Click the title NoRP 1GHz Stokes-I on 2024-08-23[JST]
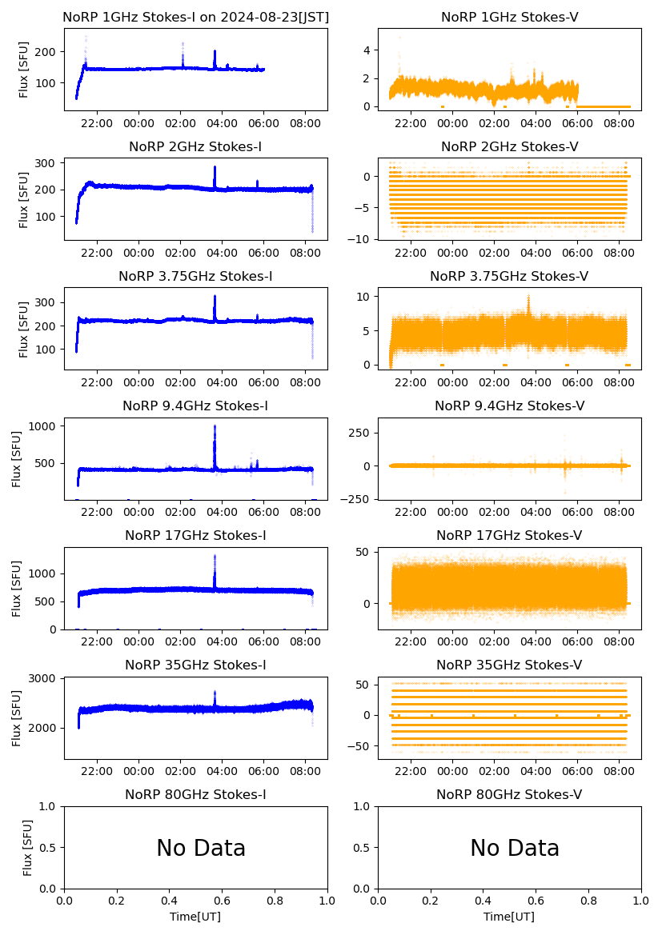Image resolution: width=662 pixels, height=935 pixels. [195, 17]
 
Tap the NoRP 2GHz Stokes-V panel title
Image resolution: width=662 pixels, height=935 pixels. [510, 146]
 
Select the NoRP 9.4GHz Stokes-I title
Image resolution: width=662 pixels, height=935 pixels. [195, 406]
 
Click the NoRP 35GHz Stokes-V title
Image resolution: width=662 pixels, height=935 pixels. [510, 665]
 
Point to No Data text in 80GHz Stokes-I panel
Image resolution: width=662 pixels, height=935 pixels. [201, 848]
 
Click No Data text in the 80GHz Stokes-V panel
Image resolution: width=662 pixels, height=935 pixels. [515, 848]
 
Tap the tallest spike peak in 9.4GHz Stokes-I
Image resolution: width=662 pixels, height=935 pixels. [215, 426]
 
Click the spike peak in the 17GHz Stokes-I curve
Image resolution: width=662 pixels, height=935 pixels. [215, 556]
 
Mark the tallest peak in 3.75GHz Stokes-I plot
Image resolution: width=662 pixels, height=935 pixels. [215, 297]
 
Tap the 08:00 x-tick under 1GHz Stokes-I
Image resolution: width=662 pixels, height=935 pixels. [306, 123]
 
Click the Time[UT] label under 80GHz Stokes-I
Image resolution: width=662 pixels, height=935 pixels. [195, 917]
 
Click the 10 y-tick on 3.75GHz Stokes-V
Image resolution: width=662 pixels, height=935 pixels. [364, 297]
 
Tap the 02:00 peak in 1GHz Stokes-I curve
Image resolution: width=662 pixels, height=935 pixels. [183, 44]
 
